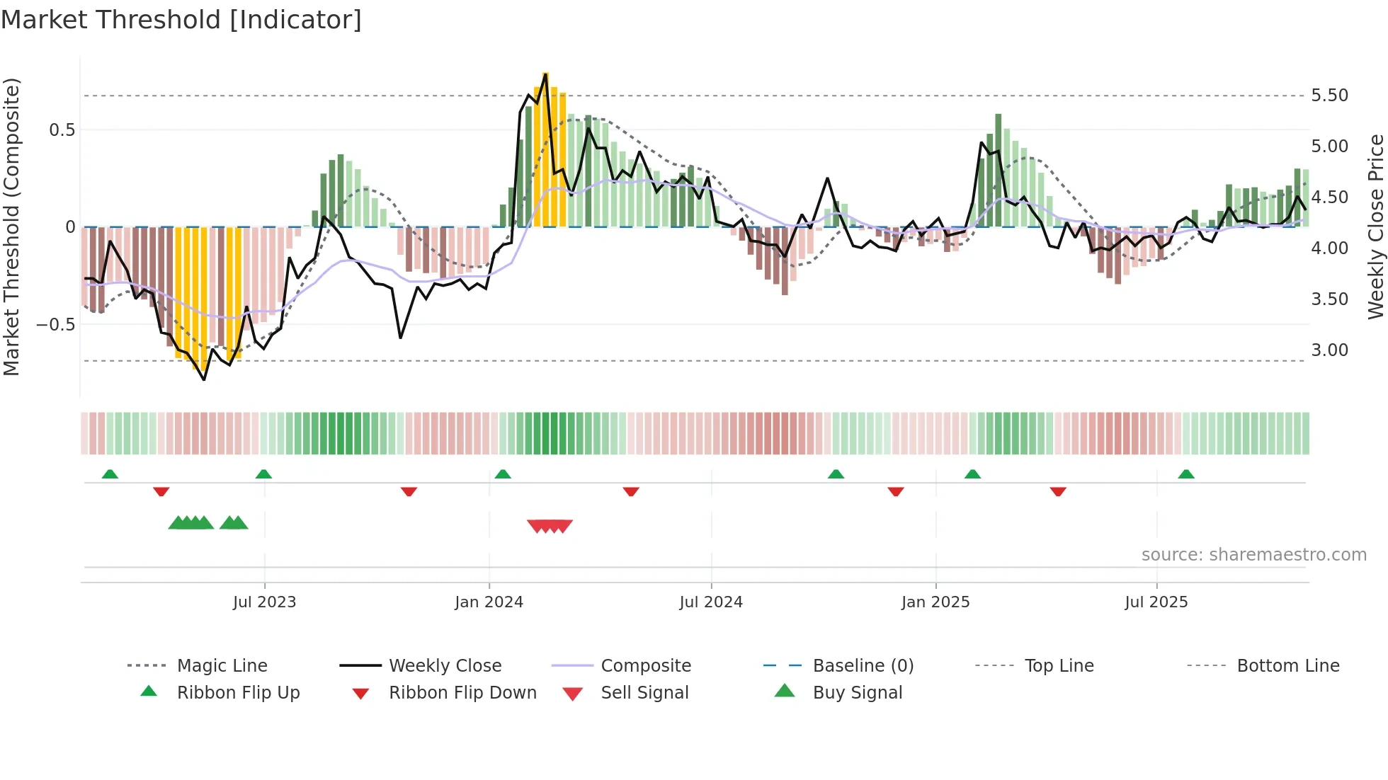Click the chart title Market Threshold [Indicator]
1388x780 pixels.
tap(181, 20)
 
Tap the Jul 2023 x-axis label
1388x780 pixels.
tap(264, 602)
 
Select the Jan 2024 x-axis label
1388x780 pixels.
tap(489, 602)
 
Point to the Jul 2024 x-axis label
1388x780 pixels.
tap(711, 602)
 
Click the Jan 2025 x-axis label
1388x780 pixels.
tap(935, 602)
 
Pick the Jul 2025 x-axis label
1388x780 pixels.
tap(1156, 602)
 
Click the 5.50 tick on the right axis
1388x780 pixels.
tap(1329, 96)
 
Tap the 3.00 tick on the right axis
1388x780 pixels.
tap(1329, 350)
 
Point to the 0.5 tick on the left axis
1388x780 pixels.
tap(62, 130)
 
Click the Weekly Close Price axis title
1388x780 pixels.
tap(1375, 226)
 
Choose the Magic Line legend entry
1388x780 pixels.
tap(222, 666)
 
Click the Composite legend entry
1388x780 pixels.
tap(645, 666)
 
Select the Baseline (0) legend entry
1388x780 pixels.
tap(863, 666)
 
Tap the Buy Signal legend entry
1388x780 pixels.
tap(857, 693)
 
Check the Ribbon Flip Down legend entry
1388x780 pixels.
tap(462, 693)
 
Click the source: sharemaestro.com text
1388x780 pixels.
tap(1253, 555)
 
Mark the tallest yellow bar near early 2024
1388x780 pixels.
tap(545, 149)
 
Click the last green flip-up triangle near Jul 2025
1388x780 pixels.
tap(1186, 474)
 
